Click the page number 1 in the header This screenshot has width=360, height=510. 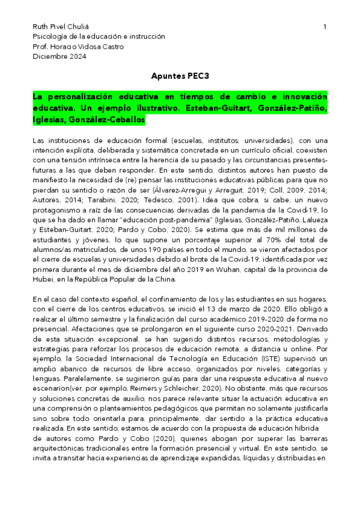pos(325,27)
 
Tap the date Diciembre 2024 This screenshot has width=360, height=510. pos(59,57)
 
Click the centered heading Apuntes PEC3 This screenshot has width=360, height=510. pos(180,77)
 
